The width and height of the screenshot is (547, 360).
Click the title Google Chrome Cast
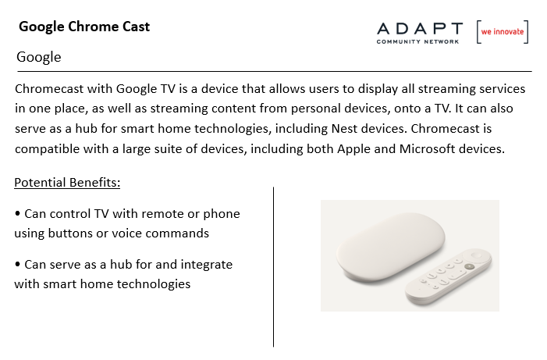84,27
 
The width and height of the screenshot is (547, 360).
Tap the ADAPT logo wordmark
420,29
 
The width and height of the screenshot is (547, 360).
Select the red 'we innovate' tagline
503,32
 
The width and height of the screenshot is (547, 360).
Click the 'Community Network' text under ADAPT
417,42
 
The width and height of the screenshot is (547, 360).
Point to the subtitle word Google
39,57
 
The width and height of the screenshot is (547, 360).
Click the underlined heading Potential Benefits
67,183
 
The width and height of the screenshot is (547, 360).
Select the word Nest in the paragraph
344,129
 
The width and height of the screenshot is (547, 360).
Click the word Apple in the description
353,149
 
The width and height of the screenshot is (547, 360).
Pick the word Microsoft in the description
428,148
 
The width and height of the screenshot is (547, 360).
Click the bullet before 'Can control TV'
17,213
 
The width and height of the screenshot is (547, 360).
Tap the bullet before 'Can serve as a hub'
17,264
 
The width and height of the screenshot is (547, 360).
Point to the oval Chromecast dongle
390,248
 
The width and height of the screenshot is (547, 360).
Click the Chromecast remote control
449,277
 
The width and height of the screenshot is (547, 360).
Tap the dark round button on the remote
470,267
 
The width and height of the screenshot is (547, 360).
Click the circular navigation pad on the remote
476,255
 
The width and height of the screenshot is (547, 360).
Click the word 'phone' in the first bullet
222,214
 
